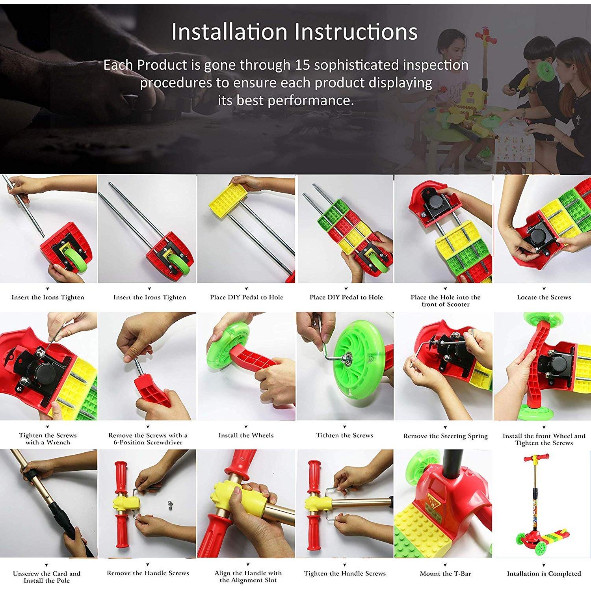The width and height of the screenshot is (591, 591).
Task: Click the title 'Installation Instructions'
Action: pyautogui.click(x=294, y=32)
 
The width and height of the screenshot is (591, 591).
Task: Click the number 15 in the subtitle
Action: pyautogui.click(x=302, y=65)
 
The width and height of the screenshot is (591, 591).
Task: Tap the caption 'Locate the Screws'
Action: pyautogui.click(x=544, y=297)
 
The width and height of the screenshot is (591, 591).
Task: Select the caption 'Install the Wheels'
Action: pyautogui.click(x=246, y=435)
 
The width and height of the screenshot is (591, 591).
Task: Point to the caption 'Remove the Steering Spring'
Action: pyautogui.click(x=445, y=436)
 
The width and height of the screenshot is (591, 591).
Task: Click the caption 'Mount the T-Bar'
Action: pyautogui.click(x=445, y=573)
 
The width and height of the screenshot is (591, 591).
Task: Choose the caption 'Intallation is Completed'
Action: pyautogui.click(x=544, y=573)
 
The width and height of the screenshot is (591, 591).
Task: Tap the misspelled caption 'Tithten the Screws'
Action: pyautogui.click(x=345, y=435)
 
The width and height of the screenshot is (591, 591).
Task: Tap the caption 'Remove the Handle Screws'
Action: pyautogui.click(x=148, y=573)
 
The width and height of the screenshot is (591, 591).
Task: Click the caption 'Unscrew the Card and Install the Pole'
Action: pyautogui.click(x=46, y=577)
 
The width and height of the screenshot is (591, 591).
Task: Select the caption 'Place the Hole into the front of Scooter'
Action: pyautogui.click(x=445, y=301)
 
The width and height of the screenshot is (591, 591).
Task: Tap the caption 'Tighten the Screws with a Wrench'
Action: pyautogui.click(x=48, y=439)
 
